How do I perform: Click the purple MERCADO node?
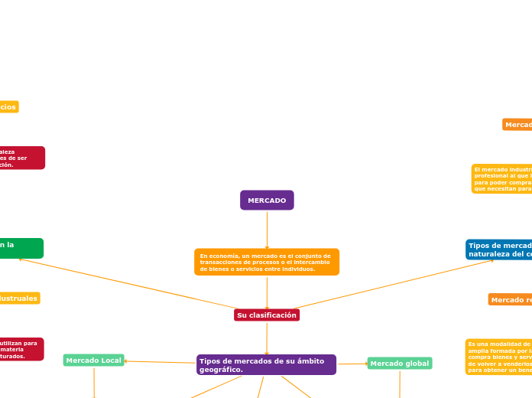[267, 201]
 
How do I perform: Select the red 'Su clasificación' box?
[267, 315]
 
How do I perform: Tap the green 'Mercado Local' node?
[93, 360]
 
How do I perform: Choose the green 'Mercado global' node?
[400, 364]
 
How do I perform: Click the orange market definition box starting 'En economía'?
[267, 262]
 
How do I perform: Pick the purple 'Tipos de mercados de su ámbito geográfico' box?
[267, 364]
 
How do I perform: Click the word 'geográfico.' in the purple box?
[222, 370]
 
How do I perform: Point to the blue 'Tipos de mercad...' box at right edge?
[499, 250]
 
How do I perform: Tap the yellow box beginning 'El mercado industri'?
[501, 178]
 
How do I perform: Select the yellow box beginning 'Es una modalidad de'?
[498, 357]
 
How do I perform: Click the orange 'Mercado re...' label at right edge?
[510, 300]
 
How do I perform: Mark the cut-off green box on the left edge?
[21, 248]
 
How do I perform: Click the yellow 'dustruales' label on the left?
[19, 298]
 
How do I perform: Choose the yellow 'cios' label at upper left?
[8, 107]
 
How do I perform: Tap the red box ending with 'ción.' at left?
[21, 158]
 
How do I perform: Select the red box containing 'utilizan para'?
[21, 349]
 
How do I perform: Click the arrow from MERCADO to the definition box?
[267, 229]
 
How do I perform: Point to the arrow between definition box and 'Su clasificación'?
[267, 292]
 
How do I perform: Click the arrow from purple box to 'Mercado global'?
[352, 364]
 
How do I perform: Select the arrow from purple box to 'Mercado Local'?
[161, 362]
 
